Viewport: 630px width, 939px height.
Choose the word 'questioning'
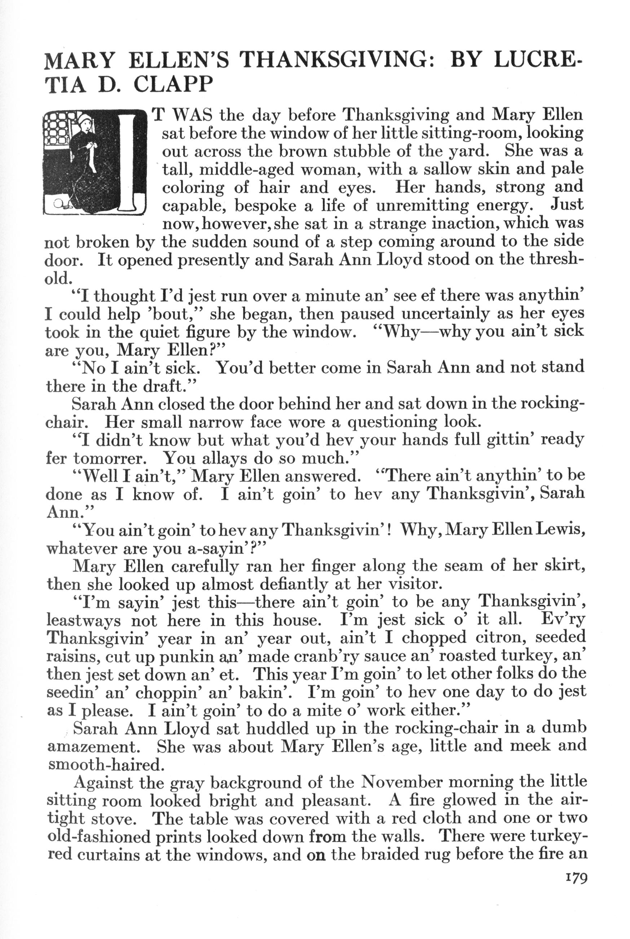point(391,422)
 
